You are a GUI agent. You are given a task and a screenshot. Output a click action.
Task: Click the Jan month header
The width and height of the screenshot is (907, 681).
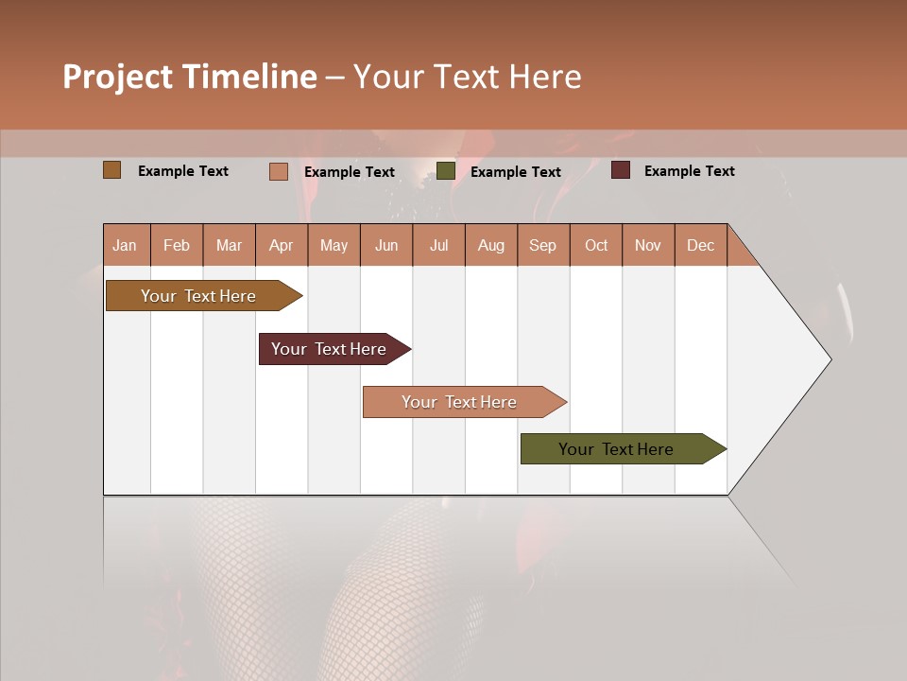tap(125, 245)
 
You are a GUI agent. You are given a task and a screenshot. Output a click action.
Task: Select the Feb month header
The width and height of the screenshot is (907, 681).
tap(177, 245)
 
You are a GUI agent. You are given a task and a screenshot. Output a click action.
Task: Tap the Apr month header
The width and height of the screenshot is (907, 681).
tap(281, 245)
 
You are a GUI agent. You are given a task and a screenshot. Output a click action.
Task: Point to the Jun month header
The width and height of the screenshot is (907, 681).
tap(386, 245)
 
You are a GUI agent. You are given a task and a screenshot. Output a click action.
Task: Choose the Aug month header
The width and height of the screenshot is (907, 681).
tap(490, 245)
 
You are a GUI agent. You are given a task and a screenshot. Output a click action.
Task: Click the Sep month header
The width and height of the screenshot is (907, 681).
tap(542, 245)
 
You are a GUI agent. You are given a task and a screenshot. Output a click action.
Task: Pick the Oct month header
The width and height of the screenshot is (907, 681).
tap(596, 245)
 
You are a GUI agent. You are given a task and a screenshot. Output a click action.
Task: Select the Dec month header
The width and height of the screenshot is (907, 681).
tap(700, 245)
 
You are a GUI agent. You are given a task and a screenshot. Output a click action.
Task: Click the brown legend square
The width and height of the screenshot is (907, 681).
tap(112, 170)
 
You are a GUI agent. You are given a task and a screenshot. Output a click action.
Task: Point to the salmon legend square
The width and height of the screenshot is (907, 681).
tap(279, 171)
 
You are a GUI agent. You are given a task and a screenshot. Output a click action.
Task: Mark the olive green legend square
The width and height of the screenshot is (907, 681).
tap(446, 171)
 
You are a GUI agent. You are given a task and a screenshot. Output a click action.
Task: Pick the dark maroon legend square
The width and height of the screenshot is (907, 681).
tap(621, 170)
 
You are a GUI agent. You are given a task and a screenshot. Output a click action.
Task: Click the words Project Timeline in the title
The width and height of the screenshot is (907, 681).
tap(190, 77)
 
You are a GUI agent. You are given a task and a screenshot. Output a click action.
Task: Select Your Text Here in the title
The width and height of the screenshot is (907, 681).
tap(467, 77)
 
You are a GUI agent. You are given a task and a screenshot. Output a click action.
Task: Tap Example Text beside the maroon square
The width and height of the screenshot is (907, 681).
tap(689, 171)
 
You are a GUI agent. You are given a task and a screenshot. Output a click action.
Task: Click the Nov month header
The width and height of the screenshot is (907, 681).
tap(647, 245)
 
